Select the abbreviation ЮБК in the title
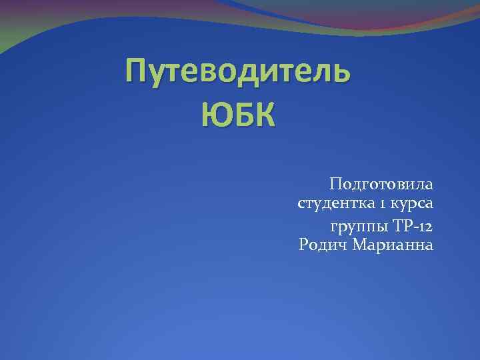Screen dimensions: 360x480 click(x=237, y=117)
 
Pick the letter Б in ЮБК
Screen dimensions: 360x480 click(x=239, y=117)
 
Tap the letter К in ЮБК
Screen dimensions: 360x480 click(x=262, y=117)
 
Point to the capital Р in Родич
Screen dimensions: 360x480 click(x=305, y=245)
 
